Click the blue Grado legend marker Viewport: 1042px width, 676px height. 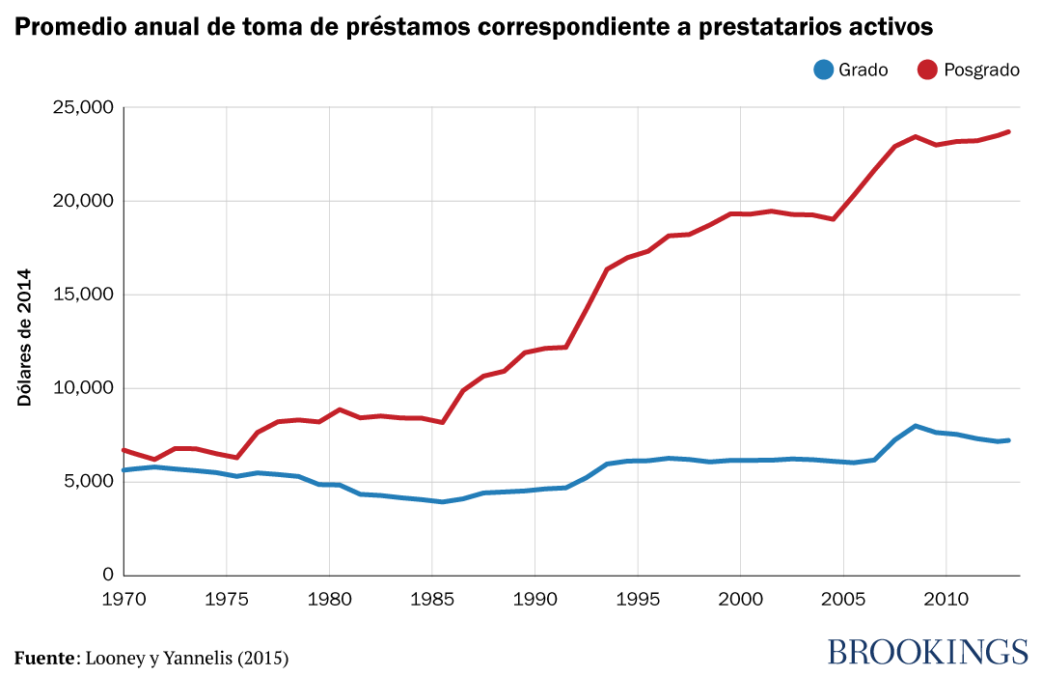(823, 70)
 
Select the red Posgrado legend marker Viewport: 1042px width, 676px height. (928, 70)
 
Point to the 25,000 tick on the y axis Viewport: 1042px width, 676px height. (82, 107)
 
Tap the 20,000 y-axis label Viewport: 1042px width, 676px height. (82, 201)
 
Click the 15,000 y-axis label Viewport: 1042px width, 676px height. (82, 295)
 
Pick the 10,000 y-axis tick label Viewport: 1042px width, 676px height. (82, 388)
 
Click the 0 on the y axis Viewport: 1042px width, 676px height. (107, 576)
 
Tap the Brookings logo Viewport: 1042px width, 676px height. (927, 651)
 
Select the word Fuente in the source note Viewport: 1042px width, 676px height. (43, 658)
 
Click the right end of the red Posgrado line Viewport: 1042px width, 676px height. (1008, 131)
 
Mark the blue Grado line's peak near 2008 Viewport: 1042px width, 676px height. (915, 426)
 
